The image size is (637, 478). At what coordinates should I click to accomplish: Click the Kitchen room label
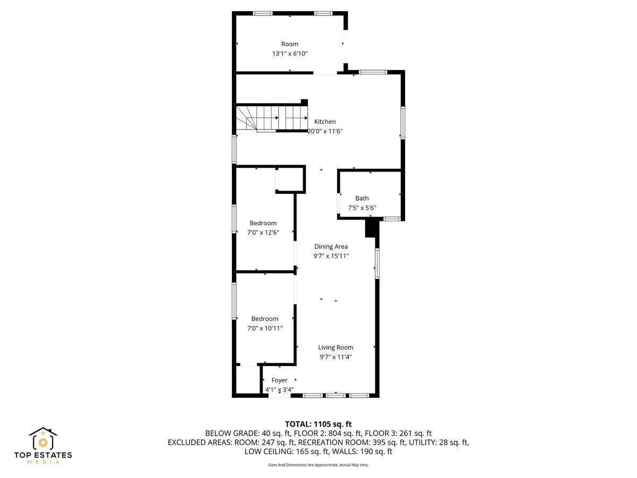325,122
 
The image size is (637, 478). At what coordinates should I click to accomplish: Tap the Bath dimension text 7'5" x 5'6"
362,208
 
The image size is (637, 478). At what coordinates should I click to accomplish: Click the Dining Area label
331,246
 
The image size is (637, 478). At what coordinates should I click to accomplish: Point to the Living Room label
335,347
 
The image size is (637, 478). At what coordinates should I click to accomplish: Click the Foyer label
279,380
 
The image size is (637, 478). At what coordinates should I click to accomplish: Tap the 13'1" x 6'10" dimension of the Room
289,54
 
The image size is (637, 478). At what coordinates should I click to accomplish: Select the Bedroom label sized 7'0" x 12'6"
263,223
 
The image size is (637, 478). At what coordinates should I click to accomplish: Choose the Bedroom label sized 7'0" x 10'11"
264,319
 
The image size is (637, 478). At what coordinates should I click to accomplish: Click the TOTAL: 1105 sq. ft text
318,424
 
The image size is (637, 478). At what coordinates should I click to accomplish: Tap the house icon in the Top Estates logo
43,439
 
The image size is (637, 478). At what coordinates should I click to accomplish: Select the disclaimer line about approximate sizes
318,465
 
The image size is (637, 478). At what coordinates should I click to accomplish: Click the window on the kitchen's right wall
403,123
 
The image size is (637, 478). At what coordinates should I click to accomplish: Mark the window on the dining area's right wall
377,263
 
